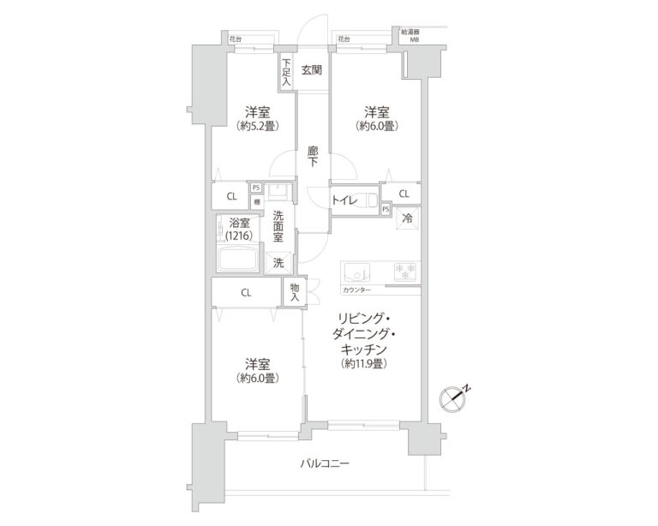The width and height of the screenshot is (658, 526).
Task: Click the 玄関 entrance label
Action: (311, 69)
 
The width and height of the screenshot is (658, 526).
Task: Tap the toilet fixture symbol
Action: (370, 200)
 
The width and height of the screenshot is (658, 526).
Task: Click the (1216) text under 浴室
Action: (241, 235)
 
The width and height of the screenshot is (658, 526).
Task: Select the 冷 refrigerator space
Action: (408, 218)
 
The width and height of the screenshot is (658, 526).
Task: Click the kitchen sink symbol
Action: (356, 272)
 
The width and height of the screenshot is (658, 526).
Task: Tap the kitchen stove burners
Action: (403, 272)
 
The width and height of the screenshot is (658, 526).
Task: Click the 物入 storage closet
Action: (294, 292)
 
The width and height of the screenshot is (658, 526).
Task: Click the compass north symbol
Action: (452, 397)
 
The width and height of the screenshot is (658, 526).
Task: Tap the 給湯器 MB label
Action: (413, 35)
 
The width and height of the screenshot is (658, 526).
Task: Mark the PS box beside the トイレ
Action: (386, 208)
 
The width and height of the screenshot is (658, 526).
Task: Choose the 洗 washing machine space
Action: (278, 263)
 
